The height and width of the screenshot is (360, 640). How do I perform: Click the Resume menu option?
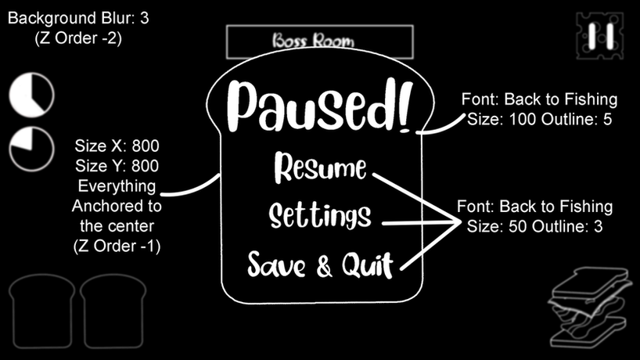tap(321, 167)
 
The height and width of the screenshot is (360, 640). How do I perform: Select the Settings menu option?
tap(319, 215)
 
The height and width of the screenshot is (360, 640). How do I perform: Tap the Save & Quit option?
tap(319, 265)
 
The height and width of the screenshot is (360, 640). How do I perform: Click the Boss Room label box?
tap(319, 41)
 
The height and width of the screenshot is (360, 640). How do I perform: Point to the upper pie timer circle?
tap(32, 95)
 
